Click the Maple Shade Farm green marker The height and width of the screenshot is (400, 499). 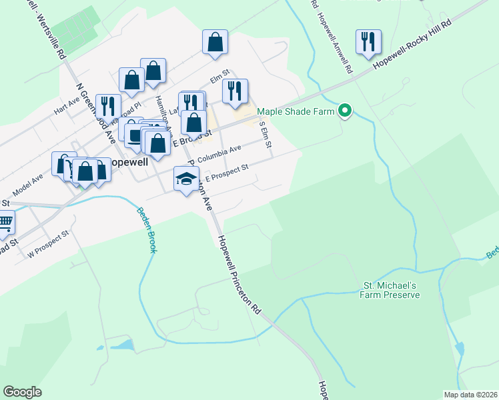click(x=345, y=111)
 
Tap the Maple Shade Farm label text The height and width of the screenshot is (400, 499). click(x=295, y=111)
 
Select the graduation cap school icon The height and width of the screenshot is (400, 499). click(x=187, y=179)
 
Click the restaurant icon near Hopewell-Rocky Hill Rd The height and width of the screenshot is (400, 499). click(x=368, y=43)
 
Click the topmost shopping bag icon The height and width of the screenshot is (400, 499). click(x=215, y=43)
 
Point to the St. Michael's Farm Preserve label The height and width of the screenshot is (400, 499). click(x=390, y=290)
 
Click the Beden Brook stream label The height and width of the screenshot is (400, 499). click(x=147, y=230)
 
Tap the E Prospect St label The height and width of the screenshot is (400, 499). click(x=226, y=173)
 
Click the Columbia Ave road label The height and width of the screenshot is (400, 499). click(x=219, y=154)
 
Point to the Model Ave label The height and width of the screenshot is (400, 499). click(x=27, y=183)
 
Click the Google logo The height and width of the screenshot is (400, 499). click(x=22, y=392)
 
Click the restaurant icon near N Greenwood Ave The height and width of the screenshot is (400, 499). click(x=107, y=107)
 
